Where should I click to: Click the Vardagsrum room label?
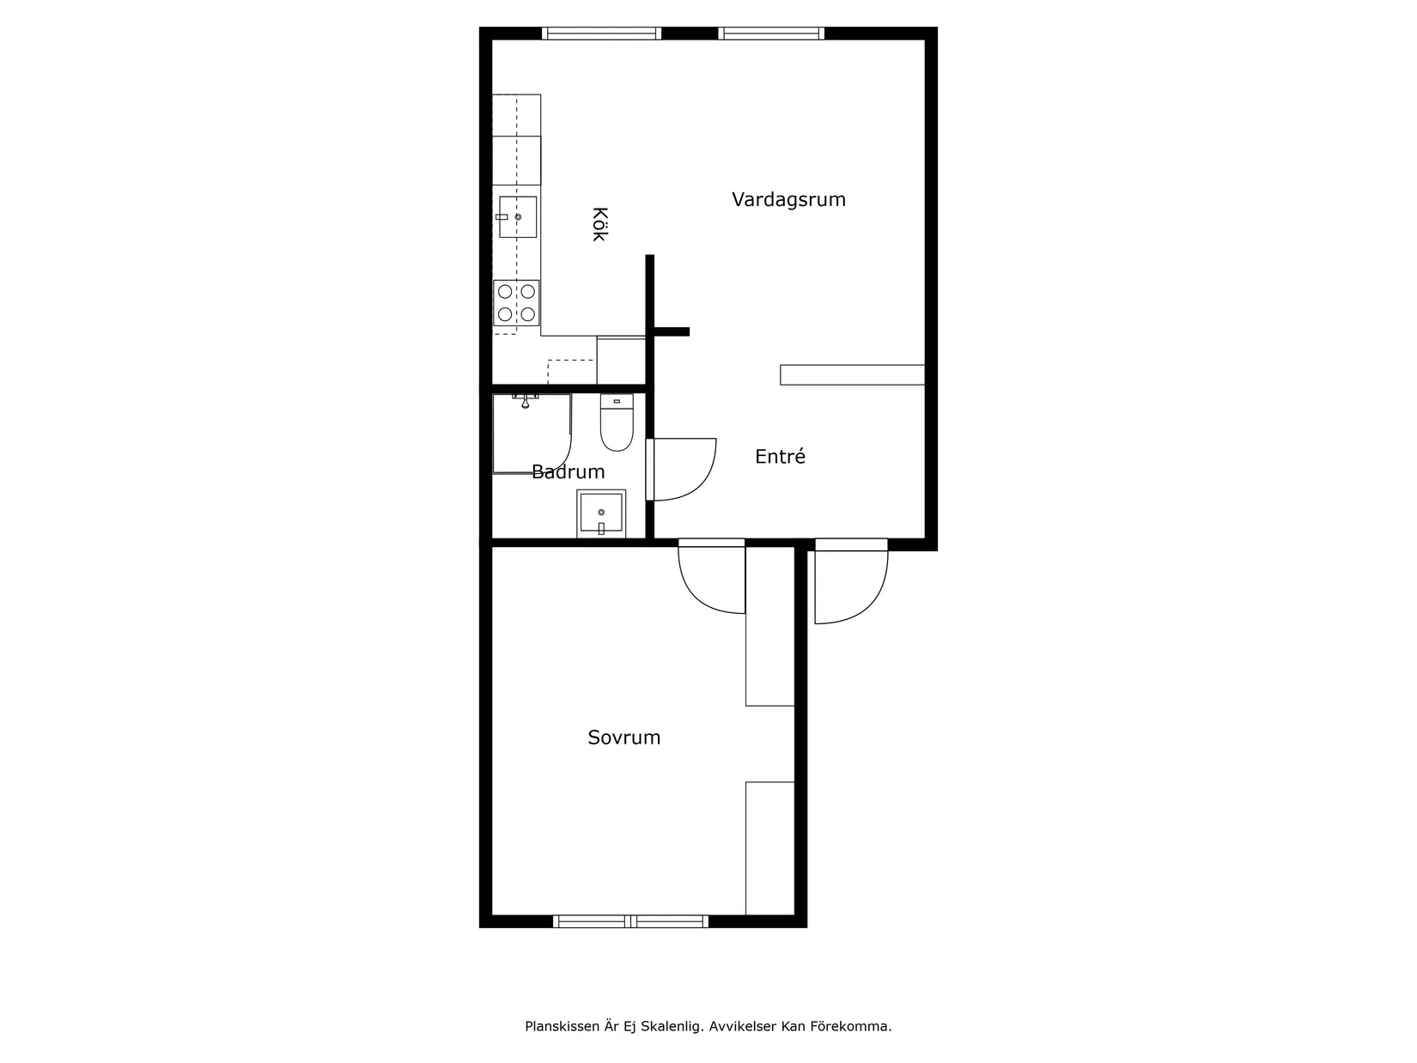point(788,199)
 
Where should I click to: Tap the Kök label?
point(599,224)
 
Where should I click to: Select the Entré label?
point(780,456)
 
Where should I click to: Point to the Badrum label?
point(569,471)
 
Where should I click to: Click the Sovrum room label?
point(623,737)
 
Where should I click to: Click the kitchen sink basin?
point(518,217)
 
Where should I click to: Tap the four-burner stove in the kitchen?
point(516,303)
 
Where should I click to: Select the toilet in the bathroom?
point(617,422)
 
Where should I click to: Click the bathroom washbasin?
point(601,513)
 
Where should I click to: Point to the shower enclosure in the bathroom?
point(532,434)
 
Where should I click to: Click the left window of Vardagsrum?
point(601,33)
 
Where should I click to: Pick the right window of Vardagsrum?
point(771,33)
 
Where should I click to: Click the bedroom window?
point(630,921)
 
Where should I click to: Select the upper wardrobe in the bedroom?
point(769,626)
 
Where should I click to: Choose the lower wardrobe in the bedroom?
point(769,848)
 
